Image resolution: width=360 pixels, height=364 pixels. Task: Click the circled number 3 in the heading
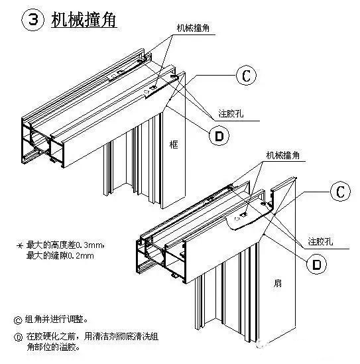[x=32, y=21]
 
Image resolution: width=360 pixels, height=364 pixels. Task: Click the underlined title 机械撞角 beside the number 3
[x=84, y=20]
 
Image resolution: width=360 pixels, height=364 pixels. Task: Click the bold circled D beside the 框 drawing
[x=217, y=136]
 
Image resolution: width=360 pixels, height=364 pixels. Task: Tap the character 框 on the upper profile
[x=174, y=144]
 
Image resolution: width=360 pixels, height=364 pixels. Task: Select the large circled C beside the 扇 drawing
[x=339, y=192]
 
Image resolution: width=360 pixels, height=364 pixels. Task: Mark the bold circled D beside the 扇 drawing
[x=317, y=263]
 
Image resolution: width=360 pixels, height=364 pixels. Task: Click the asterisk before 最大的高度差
[x=19, y=245]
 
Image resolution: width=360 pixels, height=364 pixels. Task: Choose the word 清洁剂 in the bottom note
[x=110, y=336]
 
